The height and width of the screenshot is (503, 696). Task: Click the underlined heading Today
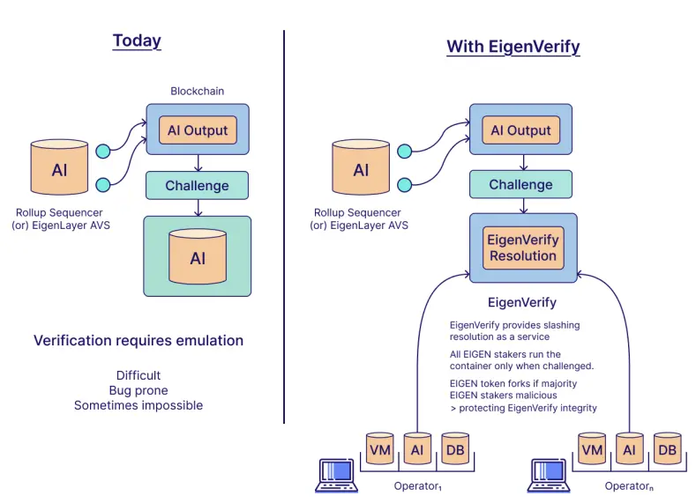[137, 41]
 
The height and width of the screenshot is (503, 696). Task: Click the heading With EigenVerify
[513, 47]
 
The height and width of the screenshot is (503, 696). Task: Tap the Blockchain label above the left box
[198, 92]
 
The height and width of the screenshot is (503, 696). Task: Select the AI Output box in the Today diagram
[198, 130]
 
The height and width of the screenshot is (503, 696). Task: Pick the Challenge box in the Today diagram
[197, 186]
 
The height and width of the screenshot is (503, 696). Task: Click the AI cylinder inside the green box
[198, 257]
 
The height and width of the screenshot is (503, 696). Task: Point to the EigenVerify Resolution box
[523, 248]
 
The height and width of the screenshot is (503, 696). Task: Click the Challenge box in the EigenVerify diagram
[520, 185]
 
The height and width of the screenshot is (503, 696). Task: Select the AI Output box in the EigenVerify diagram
[520, 130]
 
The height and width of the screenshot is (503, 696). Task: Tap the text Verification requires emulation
[138, 341]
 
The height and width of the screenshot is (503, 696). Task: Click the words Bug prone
[138, 390]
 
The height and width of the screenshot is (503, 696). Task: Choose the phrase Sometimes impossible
[138, 405]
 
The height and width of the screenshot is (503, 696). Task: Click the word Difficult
[138, 375]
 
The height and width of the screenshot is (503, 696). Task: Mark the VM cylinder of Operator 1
[381, 449]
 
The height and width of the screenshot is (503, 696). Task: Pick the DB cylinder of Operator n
[668, 449]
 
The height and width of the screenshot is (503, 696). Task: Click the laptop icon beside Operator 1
[336, 475]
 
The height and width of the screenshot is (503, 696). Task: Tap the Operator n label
[629, 486]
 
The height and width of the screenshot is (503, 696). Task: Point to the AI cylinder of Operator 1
[417, 449]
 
